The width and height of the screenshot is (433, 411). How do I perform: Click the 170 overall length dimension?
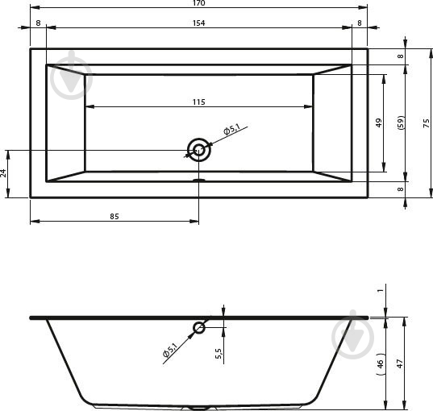[199, 3]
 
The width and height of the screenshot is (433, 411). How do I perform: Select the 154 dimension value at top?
[199, 23]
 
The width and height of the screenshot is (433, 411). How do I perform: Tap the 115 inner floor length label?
[199, 102]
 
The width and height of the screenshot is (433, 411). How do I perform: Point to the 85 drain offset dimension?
[114, 217]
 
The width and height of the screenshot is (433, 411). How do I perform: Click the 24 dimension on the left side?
[3, 173]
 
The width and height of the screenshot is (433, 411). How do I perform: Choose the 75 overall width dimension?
[426, 123]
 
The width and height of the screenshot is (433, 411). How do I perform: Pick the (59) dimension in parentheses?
[401, 122]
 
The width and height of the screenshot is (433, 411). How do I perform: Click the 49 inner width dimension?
[379, 122]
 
